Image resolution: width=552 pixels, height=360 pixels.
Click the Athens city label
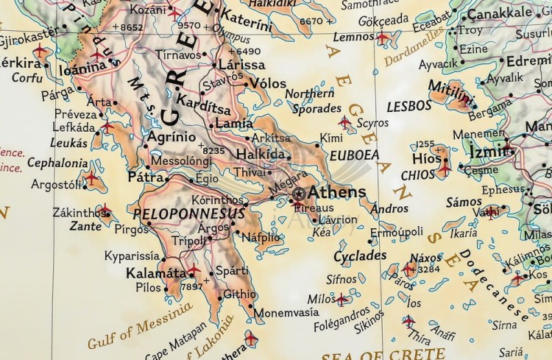point(336,193)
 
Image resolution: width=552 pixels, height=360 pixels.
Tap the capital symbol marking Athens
point(298,194)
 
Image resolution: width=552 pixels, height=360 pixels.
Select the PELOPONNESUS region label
point(188,213)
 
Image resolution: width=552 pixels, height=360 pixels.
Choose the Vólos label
point(267,83)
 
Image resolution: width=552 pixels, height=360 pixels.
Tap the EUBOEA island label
point(354,155)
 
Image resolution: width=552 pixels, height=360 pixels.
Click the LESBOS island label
point(409,106)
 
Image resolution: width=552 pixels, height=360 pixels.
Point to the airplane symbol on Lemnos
point(383,36)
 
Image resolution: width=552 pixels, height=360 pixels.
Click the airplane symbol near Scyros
point(344,121)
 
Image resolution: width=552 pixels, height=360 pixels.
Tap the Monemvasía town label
point(286,311)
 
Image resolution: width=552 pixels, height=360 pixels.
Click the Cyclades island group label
point(360,256)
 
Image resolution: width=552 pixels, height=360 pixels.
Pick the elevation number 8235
point(213,149)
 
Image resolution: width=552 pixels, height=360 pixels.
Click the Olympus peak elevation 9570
point(188,25)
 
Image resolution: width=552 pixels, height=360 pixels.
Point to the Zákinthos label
point(78,213)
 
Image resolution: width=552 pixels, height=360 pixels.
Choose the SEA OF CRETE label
point(364,356)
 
